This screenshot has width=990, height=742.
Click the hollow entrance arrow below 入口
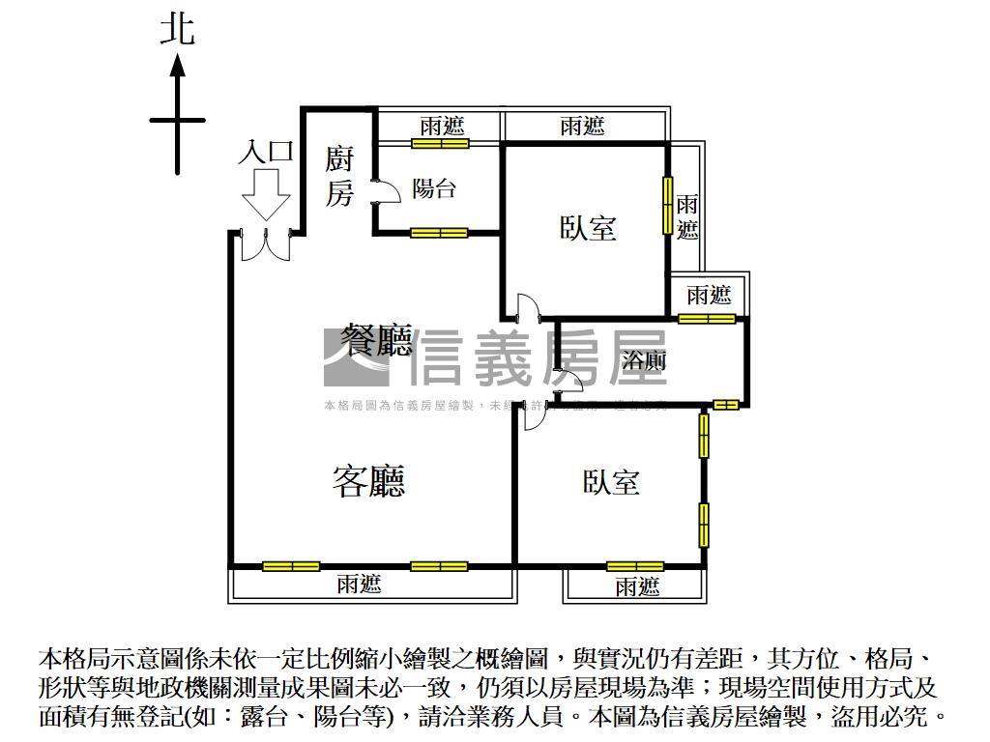click(x=266, y=196)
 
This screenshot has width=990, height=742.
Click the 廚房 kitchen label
click(x=338, y=177)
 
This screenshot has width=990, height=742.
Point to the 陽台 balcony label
click(x=434, y=188)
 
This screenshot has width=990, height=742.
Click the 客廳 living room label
click(x=368, y=480)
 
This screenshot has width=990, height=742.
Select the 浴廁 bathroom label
click(x=643, y=361)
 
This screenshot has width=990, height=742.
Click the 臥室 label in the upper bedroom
click(x=588, y=228)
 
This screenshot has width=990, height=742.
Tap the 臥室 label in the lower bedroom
click(x=611, y=482)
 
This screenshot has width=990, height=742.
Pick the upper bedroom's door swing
click(x=526, y=307)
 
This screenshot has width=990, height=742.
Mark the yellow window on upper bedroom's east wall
click(x=666, y=204)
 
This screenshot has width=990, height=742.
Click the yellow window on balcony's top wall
click(x=440, y=144)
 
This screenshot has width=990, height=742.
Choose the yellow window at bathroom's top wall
click(x=707, y=319)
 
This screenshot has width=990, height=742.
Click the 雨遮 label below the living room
click(x=359, y=584)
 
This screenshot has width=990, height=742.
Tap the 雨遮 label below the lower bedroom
click(x=636, y=585)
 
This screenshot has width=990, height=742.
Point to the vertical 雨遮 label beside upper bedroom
click(x=687, y=217)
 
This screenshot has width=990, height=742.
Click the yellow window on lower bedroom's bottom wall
click(x=635, y=566)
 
